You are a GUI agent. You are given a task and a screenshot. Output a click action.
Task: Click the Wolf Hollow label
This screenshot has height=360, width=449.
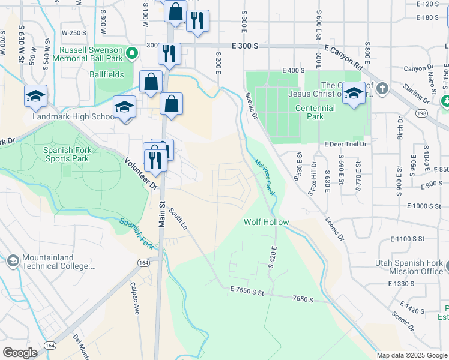pos(266,223)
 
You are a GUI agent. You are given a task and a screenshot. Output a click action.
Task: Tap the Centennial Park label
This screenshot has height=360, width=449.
pos(315,112)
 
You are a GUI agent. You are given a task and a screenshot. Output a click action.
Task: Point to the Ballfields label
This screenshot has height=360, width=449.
pos(107,74)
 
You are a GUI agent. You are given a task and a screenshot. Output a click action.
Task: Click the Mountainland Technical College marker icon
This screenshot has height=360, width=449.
pos(13,261)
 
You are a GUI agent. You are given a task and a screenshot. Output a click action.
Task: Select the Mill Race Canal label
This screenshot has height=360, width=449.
pos(264,177)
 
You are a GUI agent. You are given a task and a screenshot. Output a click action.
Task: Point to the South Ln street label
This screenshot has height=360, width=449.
pos(178,219)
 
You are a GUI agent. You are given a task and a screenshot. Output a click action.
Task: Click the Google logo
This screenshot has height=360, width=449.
pos(20,353)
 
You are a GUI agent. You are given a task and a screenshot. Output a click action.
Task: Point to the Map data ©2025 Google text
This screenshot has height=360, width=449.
pos(411,355)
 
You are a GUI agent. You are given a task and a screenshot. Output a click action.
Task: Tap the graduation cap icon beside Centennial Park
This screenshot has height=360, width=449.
pos(354,94)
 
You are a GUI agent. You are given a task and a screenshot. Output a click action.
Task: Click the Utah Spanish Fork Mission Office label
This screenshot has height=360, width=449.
pos(409,268)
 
